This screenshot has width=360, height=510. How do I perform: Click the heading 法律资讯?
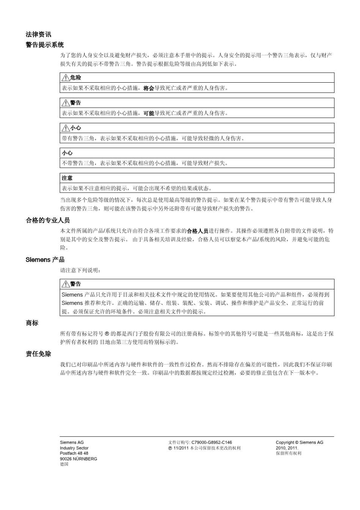[x=38, y=35]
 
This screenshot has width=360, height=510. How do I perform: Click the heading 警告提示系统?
[x=45, y=45]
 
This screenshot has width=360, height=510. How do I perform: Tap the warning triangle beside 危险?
[x=65, y=78]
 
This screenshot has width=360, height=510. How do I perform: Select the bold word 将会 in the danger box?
[x=149, y=88]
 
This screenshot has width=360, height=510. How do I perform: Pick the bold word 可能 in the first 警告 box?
[x=149, y=113]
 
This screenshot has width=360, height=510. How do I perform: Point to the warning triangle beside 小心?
[x=65, y=128]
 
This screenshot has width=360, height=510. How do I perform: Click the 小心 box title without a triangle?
[x=67, y=153]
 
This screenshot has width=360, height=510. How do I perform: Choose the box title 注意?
[x=67, y=178]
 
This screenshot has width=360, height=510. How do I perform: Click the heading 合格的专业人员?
[x=48, y=220]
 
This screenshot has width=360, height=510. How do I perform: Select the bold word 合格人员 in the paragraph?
[x=197, y=231]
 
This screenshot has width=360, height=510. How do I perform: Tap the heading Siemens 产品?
[x=45, y=260]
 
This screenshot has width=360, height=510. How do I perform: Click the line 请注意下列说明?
[x=80, y=270]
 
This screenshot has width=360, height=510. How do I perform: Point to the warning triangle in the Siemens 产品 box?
[x=65, y=284]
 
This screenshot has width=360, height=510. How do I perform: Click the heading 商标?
[x=32, y=323]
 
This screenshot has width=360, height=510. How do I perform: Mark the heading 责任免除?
[x=38, y=354]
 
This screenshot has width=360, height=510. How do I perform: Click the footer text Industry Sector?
[x=74, y=448]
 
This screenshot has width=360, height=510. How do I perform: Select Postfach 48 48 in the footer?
[x=74, y=453]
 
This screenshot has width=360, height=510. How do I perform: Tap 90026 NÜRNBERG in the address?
[x=78, y=459]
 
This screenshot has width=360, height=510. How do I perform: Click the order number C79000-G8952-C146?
[x=211, y=443]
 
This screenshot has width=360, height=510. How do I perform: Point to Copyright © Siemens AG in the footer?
[x=299, y=443]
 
